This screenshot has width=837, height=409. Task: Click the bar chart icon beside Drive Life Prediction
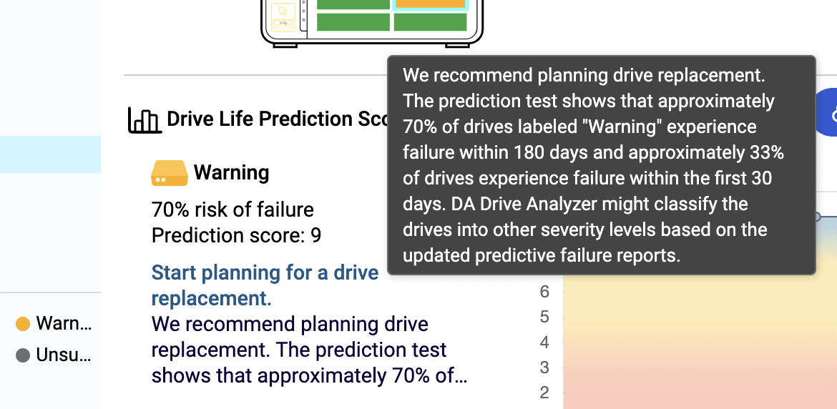click(145, 120)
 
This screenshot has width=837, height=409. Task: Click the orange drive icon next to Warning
click(170, 173)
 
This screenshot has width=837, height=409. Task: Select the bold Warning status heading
click(231, 173)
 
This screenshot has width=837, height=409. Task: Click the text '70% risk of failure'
click(232, 210)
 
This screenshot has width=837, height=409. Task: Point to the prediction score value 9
click(315, 235)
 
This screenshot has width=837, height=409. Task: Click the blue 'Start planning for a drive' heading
click(265, 272)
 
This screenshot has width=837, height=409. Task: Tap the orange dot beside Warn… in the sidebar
click(23, 324)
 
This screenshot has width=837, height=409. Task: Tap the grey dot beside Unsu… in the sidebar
click(23, 355)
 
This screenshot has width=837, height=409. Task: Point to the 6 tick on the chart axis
click(544, 292)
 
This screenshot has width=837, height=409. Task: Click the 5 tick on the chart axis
click(544, 317)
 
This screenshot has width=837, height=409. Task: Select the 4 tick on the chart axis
click(544, 343)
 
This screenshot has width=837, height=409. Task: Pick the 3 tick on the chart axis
click(544, 368)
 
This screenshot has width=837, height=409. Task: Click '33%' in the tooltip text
click(766, 153)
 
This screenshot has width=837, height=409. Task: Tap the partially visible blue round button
click(827, 112)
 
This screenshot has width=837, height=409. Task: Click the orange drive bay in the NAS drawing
click(430, 4)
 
